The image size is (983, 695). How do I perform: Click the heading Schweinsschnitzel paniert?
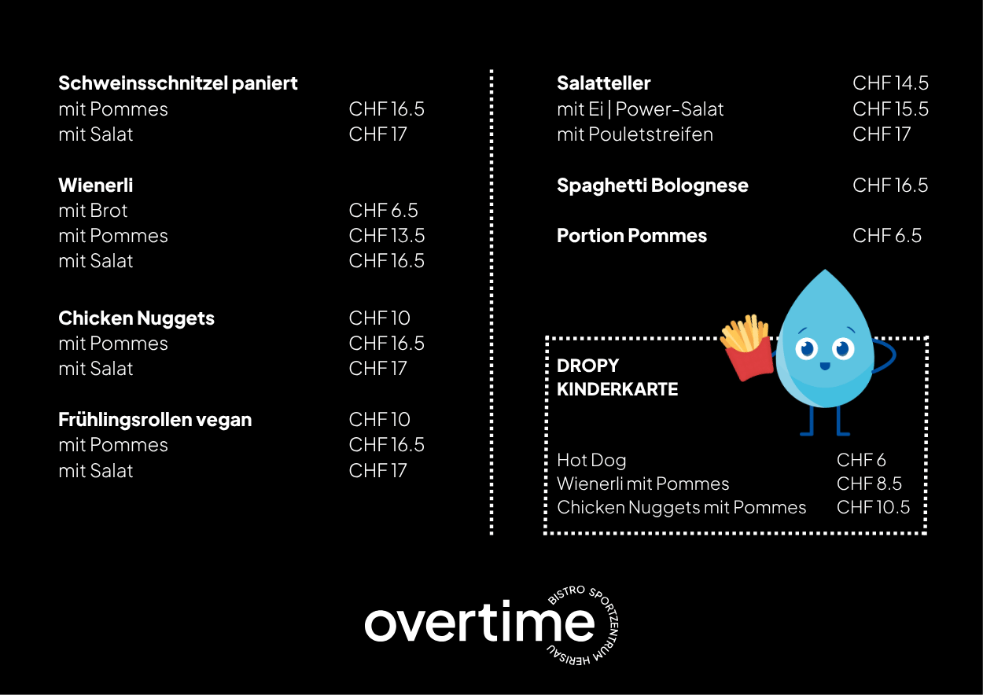pyautogui.click(x=178, y=83)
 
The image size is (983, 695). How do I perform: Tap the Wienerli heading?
pyautogui.click(x=96, y=186)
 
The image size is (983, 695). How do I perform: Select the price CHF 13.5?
pyautogui.click(x=387, y=236)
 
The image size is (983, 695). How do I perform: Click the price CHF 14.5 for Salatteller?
pyautogui.click(x=890, y=83)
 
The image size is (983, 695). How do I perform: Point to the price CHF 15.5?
pyautogui.click(x=890, y=108)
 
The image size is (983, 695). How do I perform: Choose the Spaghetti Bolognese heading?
pyautogui.click(x=653, y=186)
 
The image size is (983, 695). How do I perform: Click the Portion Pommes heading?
pyautogui.click(x=632, y=236)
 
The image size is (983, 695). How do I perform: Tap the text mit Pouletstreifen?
pyautogui.click(x=635, y=134)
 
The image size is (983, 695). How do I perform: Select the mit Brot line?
pyautogui.click(x=93, y=211)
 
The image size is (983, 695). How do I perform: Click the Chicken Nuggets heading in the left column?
pyautogui.click(x=137, y=318)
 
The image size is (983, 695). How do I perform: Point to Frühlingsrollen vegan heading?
pyautogui.click(x=155, y=420)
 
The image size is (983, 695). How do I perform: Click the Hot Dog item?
pyautogui.click(x=591, y=461)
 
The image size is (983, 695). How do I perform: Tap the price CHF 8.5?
pyautogui.click(x=869, y=484)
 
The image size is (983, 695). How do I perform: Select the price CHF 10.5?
pyautogui.click(x=873, y=507)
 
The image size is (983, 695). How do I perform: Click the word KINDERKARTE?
pyautogui.click(x=617, y=389)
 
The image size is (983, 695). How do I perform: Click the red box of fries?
pyautogui.click(x=749, y=358)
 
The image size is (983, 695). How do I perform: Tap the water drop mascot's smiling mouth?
pyautogui.click(x=825, y=366)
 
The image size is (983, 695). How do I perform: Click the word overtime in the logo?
pyautogui.click(x=479, y=622)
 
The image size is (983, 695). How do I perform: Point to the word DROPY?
pyautogui.click(x=587, y=366)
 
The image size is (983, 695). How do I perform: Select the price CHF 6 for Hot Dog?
pyautogui.click(x=861, y=460)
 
